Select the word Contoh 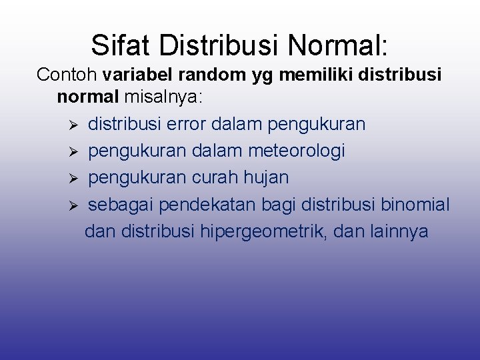[x=67, y=75]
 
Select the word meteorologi [x=296, y=151]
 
